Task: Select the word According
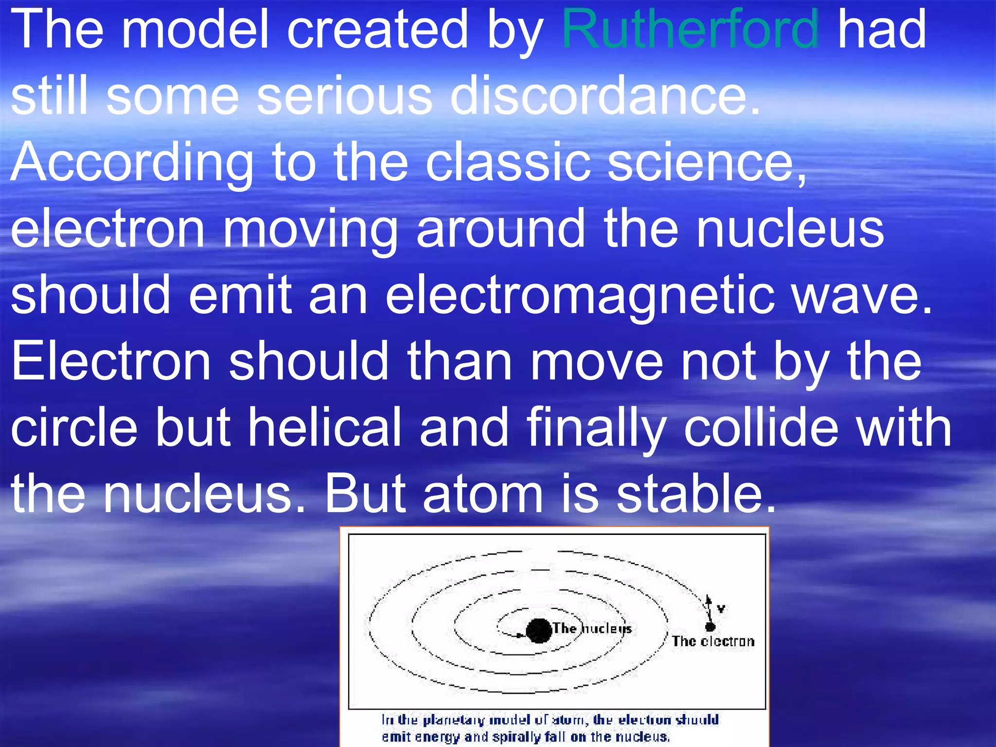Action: click(132, 163)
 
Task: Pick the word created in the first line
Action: click(377, 30)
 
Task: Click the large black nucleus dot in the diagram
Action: click(538, 631)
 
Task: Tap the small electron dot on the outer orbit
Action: click(710, 627)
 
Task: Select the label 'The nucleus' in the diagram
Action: click(592, 628)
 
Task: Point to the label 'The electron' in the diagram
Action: click(713, 641)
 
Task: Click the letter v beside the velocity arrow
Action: click(721, 608)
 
